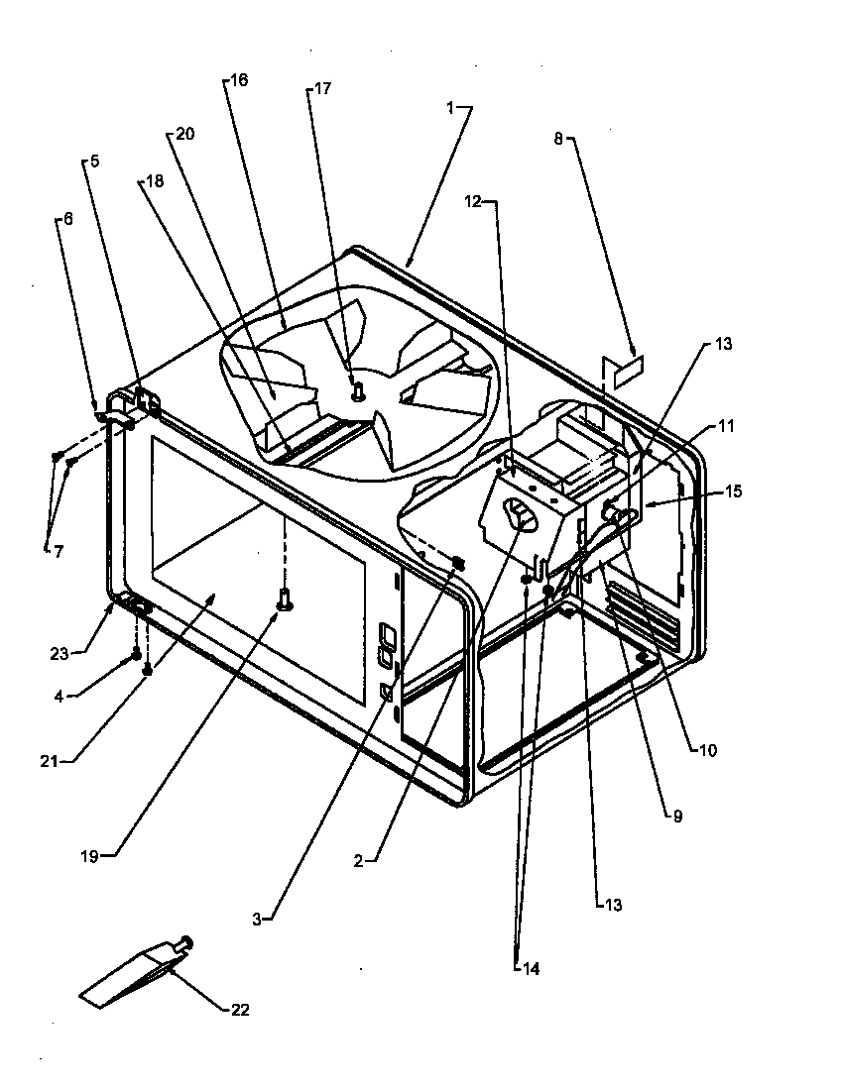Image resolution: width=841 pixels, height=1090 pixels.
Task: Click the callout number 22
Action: pos(239,1010)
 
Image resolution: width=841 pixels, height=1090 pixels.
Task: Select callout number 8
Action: pos(558,140)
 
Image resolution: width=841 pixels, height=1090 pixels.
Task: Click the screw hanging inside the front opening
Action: pos(285,598)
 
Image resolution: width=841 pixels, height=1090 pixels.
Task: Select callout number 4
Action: pos(59,697)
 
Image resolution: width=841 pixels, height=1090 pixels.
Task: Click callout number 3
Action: pos(256,920)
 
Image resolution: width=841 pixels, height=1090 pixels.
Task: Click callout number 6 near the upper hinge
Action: pos(66,221)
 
